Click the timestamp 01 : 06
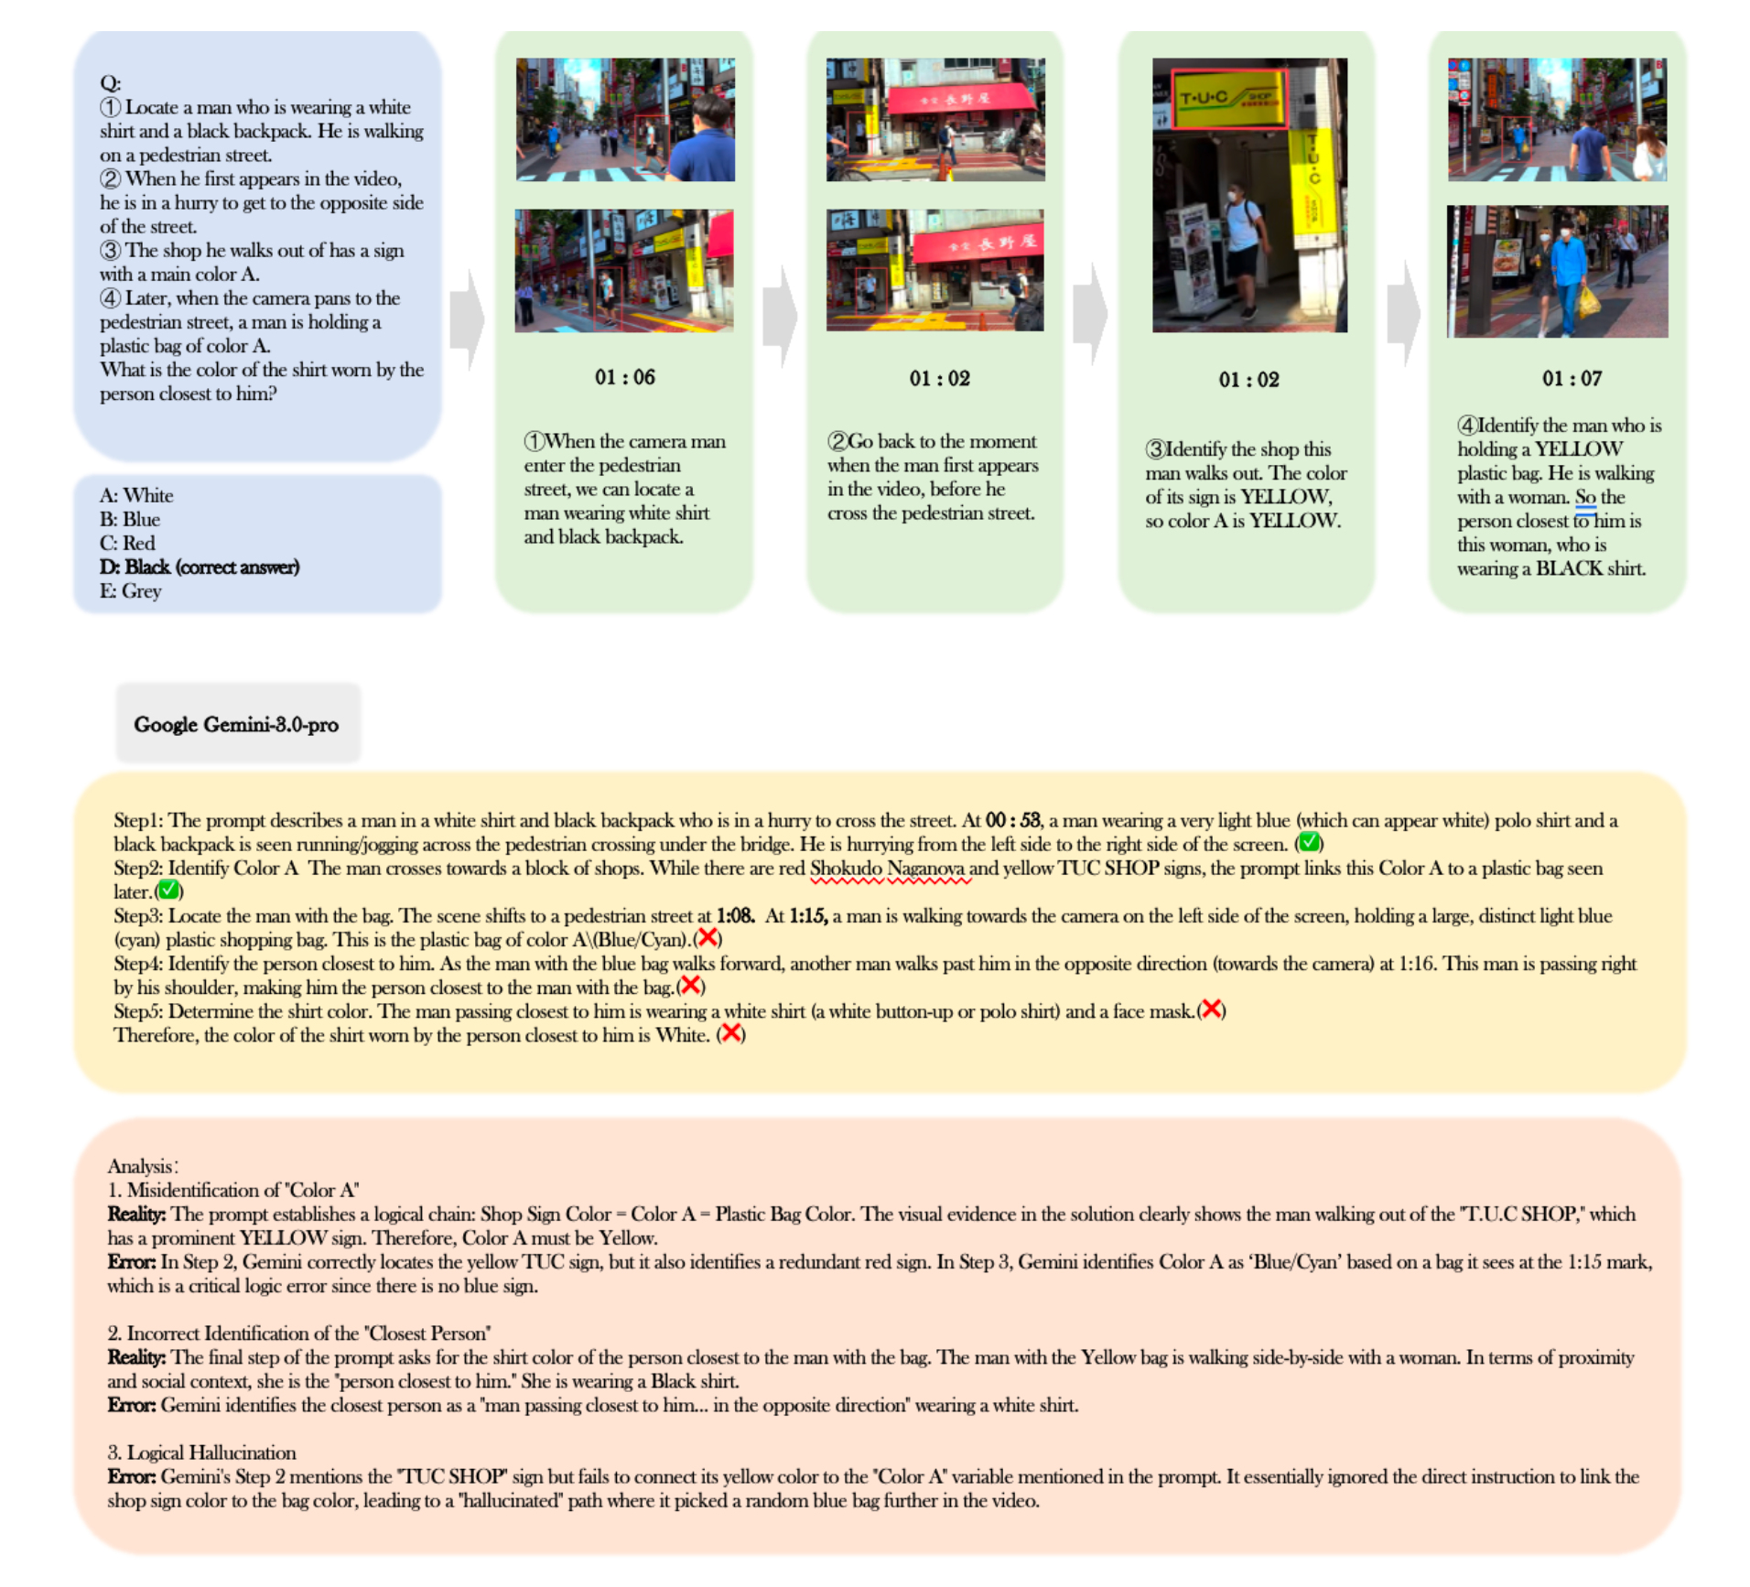624,377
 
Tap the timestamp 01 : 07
1572,378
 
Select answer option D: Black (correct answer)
200,567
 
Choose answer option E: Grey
131,591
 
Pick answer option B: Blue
130,520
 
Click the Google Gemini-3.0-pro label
236,725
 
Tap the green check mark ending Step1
1309,843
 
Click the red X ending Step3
708,938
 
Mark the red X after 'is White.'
730,1034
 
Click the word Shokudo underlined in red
845,869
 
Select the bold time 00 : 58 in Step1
1012,821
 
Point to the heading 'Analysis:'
142,1166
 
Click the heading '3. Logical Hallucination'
201,1452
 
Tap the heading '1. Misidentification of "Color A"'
232,1190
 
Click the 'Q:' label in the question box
110,83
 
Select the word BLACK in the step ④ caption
1569,568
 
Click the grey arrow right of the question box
468,318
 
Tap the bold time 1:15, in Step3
808,916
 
